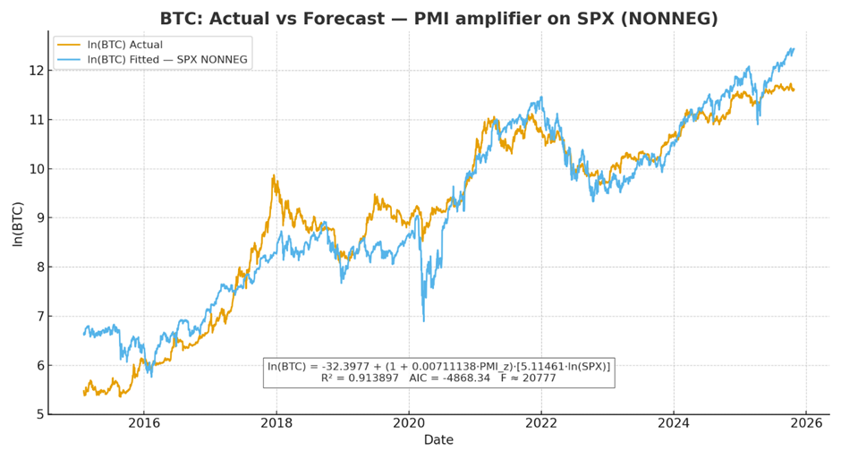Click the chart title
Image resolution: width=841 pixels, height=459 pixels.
click(x=438, y=19)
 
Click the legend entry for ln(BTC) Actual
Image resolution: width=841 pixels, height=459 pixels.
click(x=124, y=45)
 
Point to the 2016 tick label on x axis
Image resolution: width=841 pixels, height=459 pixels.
click(x=144, y=424)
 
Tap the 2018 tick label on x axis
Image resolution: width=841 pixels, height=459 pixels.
click(x=276, y=424)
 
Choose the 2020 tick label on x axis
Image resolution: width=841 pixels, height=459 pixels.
click(x=409, y=424)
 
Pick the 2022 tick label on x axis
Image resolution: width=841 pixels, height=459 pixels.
click(x=541, y=424)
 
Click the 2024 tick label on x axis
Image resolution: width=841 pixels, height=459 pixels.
click(x=674, y=424)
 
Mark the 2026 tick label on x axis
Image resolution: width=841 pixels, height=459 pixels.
click(x=806, y=424)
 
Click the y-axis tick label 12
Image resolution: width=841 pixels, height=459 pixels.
click(x=35, y=71)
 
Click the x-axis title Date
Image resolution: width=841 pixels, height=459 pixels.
click(x=438, y=440)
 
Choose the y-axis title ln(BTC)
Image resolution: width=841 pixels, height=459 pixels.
click(x=17, y=223)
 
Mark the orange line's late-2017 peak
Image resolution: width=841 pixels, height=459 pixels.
click(x=274, y=175)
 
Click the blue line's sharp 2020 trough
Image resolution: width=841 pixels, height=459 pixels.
click(x=424, y=320)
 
